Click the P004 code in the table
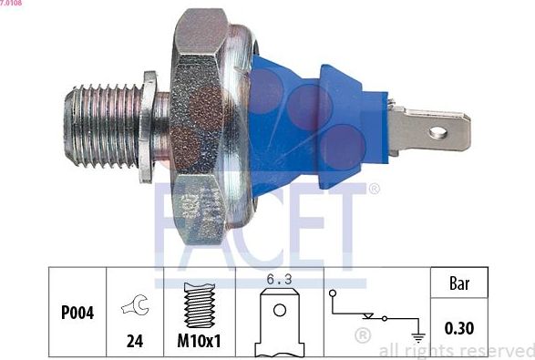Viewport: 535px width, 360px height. [77, 314]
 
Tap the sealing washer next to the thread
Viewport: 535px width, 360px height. [147, 128]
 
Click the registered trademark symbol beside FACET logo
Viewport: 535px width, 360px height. [374, 190]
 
